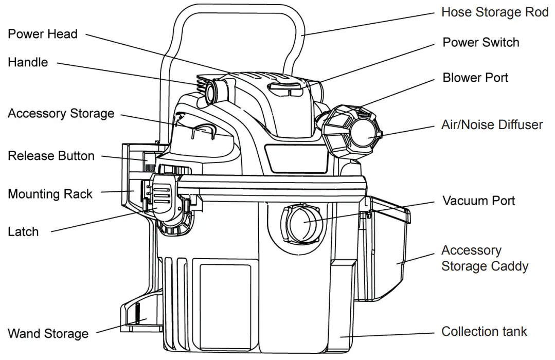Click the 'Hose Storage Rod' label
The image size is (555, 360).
(495, 12)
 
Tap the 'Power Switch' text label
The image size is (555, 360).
(480, 43)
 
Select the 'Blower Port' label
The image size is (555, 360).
(475, 78)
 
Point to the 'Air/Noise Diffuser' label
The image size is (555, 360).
(492, 125)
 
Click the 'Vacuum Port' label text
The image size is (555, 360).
(478, 201)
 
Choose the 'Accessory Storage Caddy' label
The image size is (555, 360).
(485, 258)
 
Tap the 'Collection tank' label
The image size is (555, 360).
(484, 332)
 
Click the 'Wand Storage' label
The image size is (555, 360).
(48, 334)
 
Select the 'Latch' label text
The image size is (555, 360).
(23, 231)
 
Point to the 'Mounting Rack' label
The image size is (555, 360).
(50, 194)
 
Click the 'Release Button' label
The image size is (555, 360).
(51, 156)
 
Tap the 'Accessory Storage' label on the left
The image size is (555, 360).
(61, 114)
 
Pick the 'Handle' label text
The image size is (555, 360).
(28, 63)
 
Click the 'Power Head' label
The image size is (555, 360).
(42, 34)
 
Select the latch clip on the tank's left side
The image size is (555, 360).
(164, 195)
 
